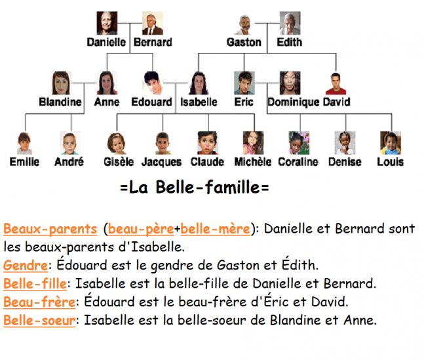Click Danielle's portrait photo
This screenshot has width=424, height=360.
pos(107,23)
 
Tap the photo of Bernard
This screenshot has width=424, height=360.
pos(153,23)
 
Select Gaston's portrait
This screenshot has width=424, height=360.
pos(244,25)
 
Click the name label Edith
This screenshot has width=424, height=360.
pos(290,42)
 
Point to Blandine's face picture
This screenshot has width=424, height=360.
pos(61,83)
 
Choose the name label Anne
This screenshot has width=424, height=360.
pos(107,102)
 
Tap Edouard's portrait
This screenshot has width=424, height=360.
pos(153,83)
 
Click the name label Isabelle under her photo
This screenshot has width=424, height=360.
pos(199,102)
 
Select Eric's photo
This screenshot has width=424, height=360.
pos(244,83)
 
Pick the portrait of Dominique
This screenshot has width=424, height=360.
pos(290,83)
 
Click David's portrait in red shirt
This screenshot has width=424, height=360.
pos(336,84)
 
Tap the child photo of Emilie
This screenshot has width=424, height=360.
pos(24,144)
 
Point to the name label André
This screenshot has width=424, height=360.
pos(69,162)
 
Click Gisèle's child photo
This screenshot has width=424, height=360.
pos(116,144)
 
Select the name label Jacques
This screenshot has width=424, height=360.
pos(161,162)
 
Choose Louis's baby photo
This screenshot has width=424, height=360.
pos(391,143)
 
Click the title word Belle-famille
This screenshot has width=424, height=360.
pos(208,187)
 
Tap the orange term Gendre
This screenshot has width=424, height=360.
pos(26,266)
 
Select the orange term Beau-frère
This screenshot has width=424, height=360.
pos(39,302)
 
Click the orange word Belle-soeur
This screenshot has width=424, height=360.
pos(39,320)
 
